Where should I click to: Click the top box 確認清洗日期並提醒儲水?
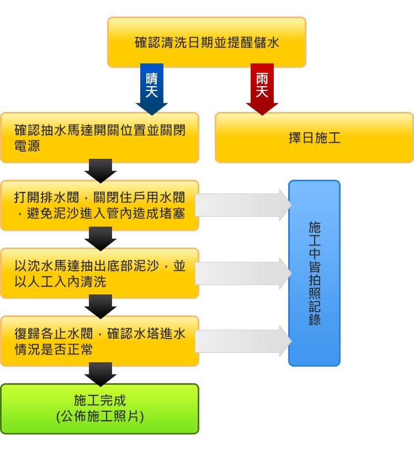[x=206, y=42]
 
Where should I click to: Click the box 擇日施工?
[x=314, y=138]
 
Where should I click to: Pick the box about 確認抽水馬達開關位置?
[x=99, y=138]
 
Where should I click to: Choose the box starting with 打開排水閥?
[x=99, y=205]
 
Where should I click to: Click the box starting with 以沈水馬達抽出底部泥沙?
[x=99, y=273]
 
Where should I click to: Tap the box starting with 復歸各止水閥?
[x=99, y=341]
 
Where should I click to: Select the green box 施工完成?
[x=99, y=409]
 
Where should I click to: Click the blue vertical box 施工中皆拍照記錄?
[x=314, y=273]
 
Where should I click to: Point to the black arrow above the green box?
[x=100, y=374]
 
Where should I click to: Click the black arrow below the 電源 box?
[x=100, y=171]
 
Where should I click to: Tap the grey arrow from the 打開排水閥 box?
[x=243, y=205]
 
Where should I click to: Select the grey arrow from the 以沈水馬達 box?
[x=243, y=273]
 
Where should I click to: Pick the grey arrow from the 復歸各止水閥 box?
[x=243, y=341]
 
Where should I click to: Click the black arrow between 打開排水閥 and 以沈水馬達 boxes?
[x=100, y=239]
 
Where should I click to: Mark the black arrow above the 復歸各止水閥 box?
[x=100, y=307]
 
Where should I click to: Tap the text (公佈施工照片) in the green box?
[x=100, y=416]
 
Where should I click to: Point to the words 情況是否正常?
[x=54, y=350]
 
